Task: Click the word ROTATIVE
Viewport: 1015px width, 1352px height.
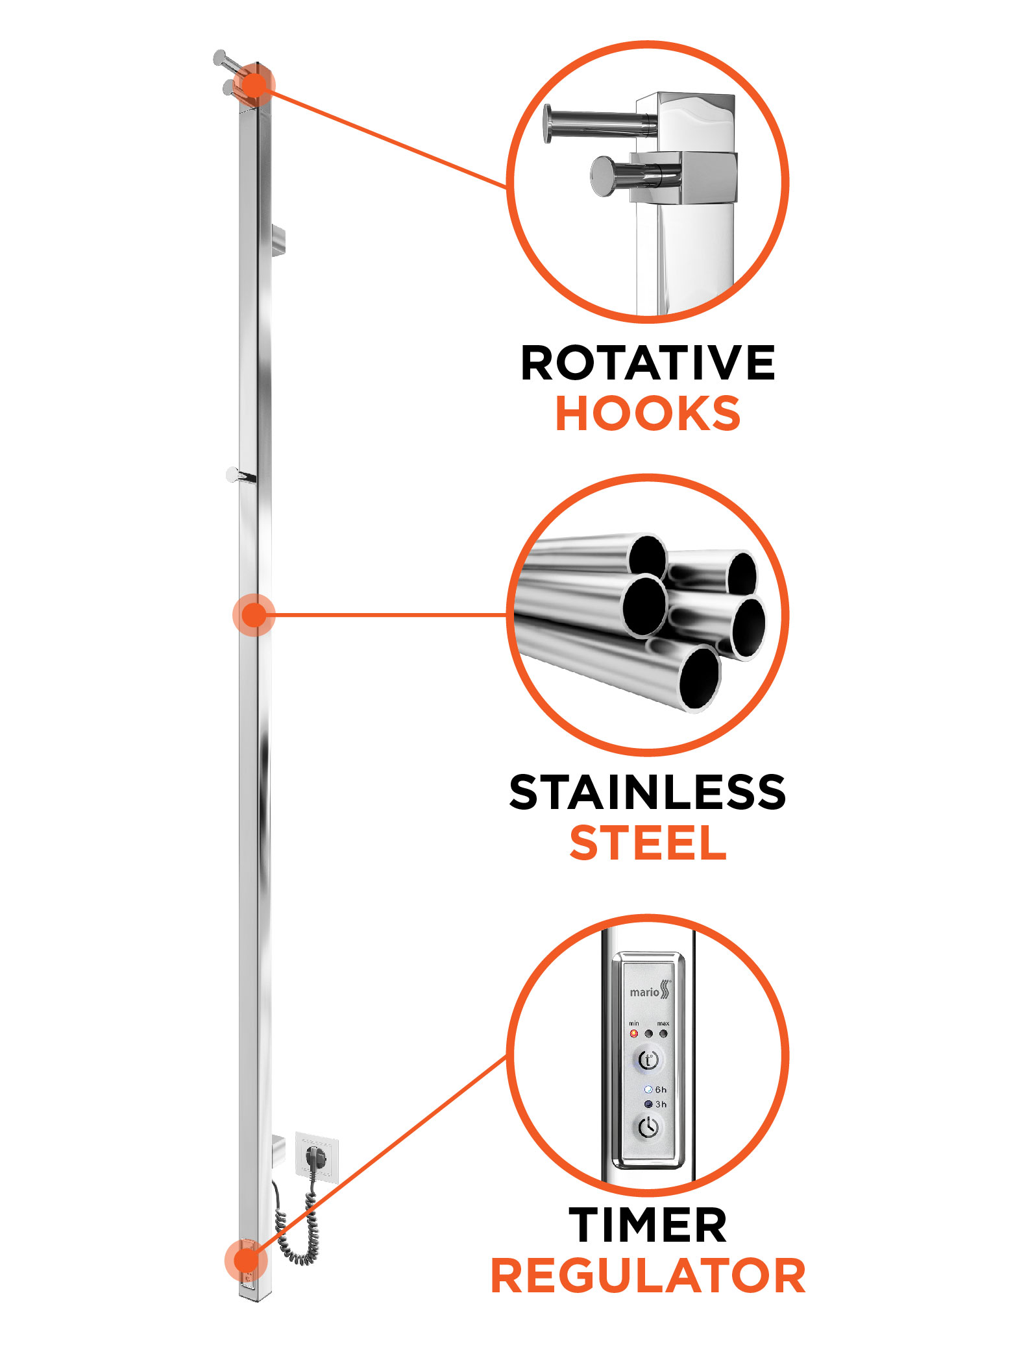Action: click(x=648, y=363)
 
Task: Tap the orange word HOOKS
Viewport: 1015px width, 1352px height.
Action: click(x=648, y=413)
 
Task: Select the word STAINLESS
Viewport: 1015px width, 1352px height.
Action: click(x=648, y=792)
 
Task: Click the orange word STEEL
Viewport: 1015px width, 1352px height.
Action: click(x=648, y=843)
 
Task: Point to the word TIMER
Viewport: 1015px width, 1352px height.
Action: click(x=648, y=1225)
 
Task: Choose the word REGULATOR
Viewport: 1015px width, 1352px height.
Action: click(x=648, y=1275)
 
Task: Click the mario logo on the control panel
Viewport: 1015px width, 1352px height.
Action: click(x=650, y=990)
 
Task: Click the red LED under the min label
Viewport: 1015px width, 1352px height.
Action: click(x=633, y=1033)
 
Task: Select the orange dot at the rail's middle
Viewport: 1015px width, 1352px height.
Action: click(x=254, y=614)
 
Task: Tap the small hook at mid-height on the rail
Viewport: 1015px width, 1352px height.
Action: click(x=240, y=476)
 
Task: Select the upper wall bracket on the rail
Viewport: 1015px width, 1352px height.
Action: click(x=278, y=241)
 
